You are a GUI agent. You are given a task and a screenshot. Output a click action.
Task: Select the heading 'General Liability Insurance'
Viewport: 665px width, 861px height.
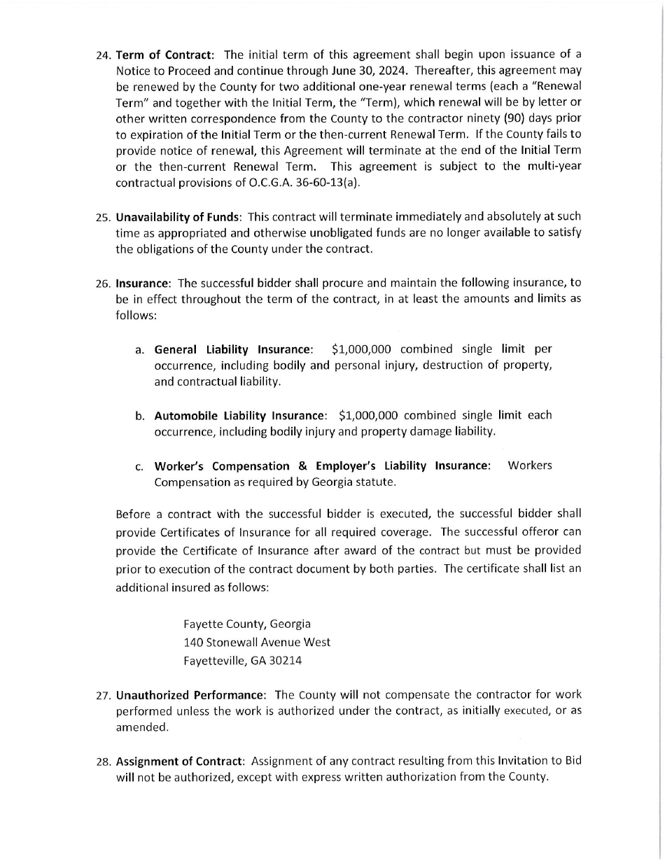tap(232, 349)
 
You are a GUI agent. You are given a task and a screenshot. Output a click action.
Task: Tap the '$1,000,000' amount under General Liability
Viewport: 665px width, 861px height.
tap(361, 349)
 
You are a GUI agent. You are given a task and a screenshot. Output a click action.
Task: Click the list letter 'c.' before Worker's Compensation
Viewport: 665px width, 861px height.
tap(140, 467)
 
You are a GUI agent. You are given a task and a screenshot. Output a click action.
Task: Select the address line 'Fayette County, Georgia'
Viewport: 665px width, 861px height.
tap(247, 624)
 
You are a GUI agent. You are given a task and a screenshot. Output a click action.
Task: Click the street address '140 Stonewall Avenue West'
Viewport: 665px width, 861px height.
tap(257, 642)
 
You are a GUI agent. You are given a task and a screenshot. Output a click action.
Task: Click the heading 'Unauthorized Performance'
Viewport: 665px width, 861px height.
tap(190, 695)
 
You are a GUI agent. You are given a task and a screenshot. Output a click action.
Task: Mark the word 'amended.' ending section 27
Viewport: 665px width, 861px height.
tap(132, 727)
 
